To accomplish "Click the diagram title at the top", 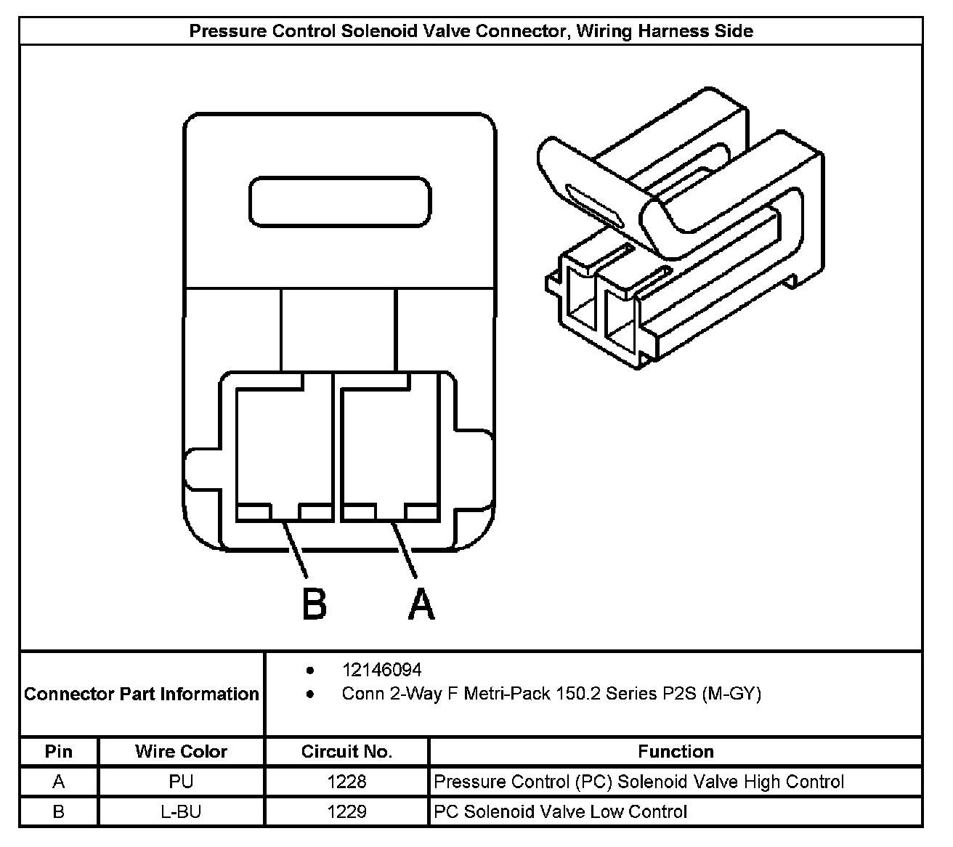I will click(471, 31).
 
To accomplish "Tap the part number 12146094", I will click(381, 669).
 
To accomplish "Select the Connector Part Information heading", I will click(142, 694).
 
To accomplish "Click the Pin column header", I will click(59, 751).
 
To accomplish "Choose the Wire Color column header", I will click(181, 751).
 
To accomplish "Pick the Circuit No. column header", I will click(346, 751).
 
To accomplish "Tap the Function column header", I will click(676, 751).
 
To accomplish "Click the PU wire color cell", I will click(181, 782).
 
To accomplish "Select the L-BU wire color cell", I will click(181, 811).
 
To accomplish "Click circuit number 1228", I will click(346, 782).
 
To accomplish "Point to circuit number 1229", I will click(346, 811).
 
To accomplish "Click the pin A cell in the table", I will click(59, 782).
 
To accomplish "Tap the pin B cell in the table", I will click(59, 811).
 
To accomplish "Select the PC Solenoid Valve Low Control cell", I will click(560, 811).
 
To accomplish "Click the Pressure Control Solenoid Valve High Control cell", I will click(638, 782).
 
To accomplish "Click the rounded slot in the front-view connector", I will click(340, 200).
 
